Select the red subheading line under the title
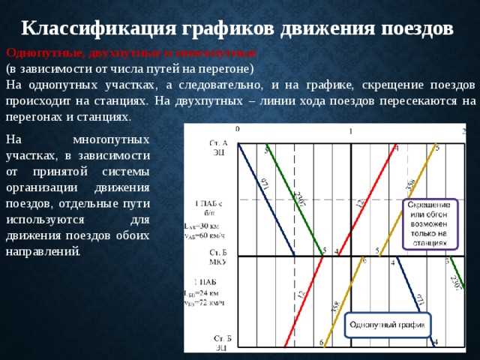(131, 53)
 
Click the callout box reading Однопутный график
(387, 325)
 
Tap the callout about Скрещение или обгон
(428, 223)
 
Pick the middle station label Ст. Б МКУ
(217, 256)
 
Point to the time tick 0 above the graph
(238, 129)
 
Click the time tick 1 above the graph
(350, 131)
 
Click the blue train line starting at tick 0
(266, 199)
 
